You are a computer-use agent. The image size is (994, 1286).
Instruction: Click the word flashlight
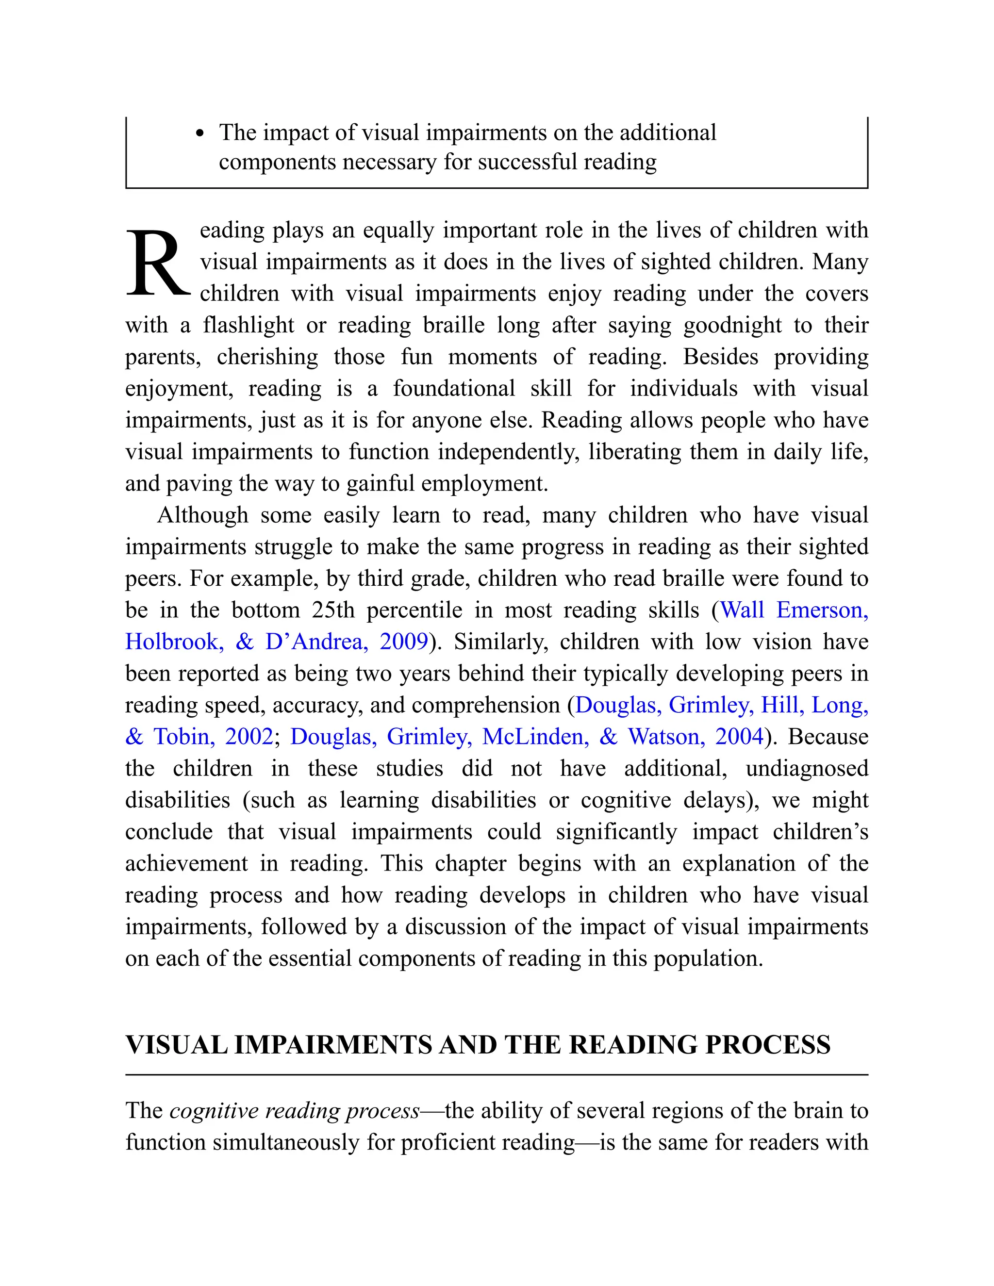[248, 325]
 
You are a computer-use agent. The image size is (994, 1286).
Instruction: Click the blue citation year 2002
[249, 737]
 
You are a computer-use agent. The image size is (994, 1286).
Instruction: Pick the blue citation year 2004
[739, 737]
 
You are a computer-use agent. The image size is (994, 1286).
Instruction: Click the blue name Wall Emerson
[794, 610]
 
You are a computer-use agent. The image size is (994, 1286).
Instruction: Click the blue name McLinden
[535, 737]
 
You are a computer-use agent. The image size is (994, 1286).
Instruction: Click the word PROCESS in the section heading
[767, 1045]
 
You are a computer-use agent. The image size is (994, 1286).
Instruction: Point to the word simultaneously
[286, 1142]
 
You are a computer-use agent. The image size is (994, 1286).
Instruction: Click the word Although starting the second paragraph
[202, 515]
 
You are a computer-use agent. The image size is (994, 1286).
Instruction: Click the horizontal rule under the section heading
[497, 1074]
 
